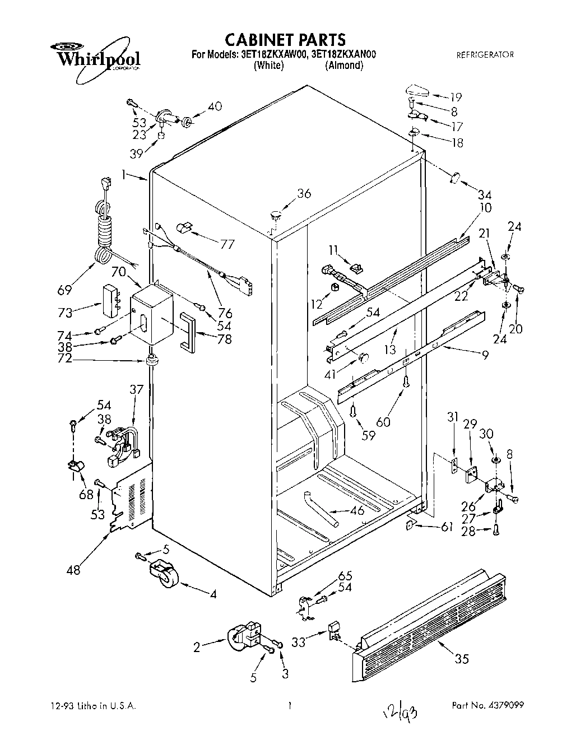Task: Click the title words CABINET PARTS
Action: (285, 40)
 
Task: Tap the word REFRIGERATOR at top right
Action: (485, 55)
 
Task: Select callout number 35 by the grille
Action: (461, 659)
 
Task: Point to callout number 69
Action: (64, 290)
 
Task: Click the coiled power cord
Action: (104, 224)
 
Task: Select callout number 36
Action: (303, 194)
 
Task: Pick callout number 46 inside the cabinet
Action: (357, 510)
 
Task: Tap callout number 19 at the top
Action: (455, 96)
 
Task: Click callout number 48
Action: (73, 570)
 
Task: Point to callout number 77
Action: (227, 244)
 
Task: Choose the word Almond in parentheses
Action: (344, 66)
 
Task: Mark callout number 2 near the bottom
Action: (197, 648)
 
